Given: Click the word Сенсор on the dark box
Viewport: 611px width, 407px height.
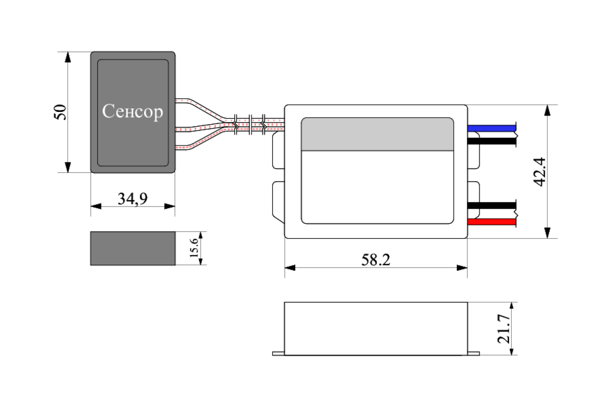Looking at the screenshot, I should tap(133, 111).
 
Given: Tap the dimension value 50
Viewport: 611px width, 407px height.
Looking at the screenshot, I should tap(61, 112).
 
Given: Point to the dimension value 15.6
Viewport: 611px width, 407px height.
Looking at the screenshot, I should tap(194, 248).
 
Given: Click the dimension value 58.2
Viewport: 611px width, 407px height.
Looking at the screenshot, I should tap(376, 260).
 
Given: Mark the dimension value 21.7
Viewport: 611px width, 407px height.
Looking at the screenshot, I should tap(504, 329).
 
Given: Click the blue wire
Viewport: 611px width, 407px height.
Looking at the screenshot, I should tap(491, 128).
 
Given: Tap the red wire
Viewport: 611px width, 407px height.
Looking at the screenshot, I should tap(491, 223).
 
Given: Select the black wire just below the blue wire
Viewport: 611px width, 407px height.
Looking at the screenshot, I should tap(491, 141).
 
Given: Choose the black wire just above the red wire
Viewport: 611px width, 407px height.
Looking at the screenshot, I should tap(491, 206).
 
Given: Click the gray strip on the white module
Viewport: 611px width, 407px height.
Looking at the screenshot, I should tap(377, 134).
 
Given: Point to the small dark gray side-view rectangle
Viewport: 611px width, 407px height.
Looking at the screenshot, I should tap(133, 248).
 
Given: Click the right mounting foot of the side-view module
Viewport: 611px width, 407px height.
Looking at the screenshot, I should tap(474, 353).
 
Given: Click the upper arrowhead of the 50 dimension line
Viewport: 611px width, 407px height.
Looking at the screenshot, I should tap(67, 57).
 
